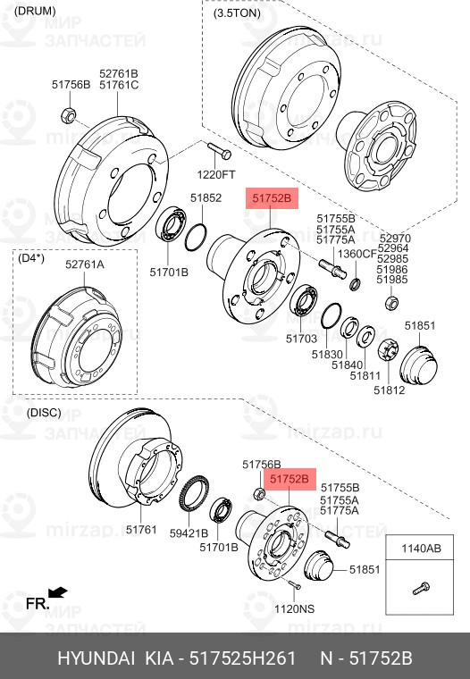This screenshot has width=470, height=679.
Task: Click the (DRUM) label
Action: coord(35,12)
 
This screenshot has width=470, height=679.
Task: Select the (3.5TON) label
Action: coord(237,13)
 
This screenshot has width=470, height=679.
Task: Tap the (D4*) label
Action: coord(31,258)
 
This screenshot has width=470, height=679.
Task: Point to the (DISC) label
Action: coord(44,412)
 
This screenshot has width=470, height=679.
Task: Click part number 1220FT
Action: coord(216,174)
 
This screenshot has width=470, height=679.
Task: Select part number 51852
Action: coord(206,198)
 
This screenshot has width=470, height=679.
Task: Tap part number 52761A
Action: coord(85,264)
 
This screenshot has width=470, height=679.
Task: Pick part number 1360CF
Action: coord(357,254)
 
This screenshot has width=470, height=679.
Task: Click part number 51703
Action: coord(301,339)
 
